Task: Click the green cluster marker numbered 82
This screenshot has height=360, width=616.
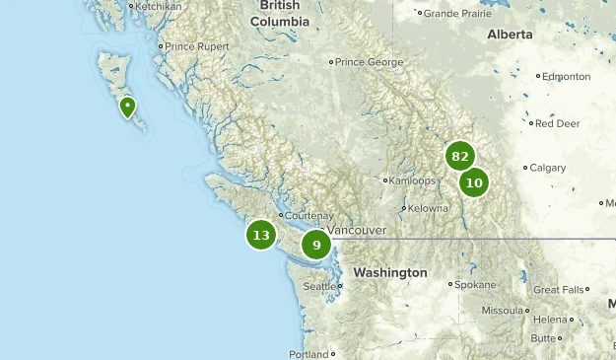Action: pos(459,157)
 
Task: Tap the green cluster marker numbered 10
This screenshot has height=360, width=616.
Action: pos(474,182)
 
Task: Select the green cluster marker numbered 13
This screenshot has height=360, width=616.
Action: pos(261,235)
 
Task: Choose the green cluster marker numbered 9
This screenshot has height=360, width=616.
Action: pos(316,245)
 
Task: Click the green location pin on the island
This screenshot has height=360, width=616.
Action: pos(127,107)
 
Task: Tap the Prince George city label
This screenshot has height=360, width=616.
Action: pos(369,62)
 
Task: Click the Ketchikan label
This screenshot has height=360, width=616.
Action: pos(158,6)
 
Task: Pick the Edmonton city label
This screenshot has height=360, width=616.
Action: pos(568,76)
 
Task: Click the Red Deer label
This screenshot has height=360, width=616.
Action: pos(557,123)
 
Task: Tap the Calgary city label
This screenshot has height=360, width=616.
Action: pos(547,168)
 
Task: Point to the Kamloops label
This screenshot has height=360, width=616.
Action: pos(412,180)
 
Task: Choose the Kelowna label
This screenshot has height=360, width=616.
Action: pos(428,208)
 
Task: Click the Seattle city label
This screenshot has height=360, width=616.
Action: pos(319,287)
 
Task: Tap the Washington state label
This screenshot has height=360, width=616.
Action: pos(390,272)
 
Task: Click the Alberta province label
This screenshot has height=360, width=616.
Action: pos(510,34)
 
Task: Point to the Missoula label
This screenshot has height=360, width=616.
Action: pos(502,310)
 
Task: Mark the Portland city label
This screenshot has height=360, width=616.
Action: pos(308,354)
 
